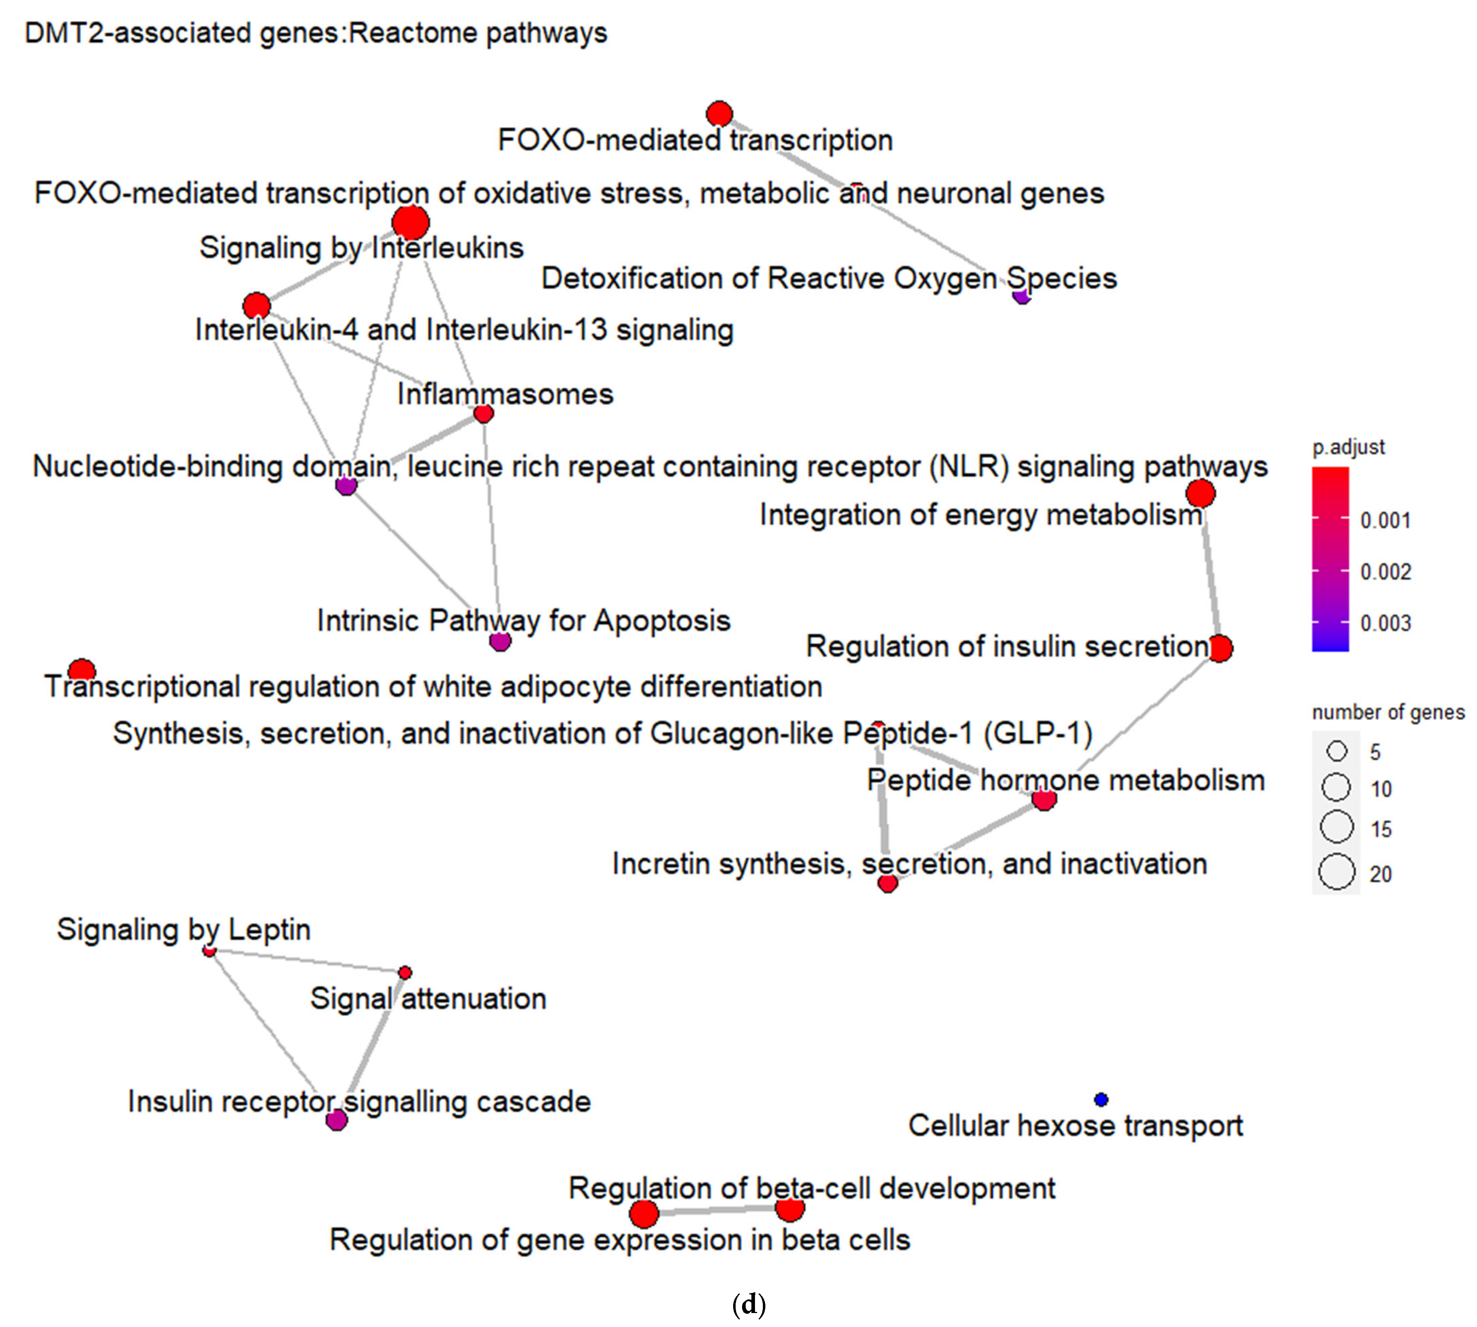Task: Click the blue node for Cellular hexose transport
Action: tap(1101, 1099)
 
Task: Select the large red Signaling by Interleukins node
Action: tap(410, 222)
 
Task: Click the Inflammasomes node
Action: tap(483, 413)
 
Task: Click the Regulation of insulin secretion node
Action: tap(1219, 647)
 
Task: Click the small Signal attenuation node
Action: tap(405, 973)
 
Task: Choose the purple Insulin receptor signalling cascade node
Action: tap(336, 1120)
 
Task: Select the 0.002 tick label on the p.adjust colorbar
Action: tap(1385, 572)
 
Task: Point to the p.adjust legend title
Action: tap(1348, 447)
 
